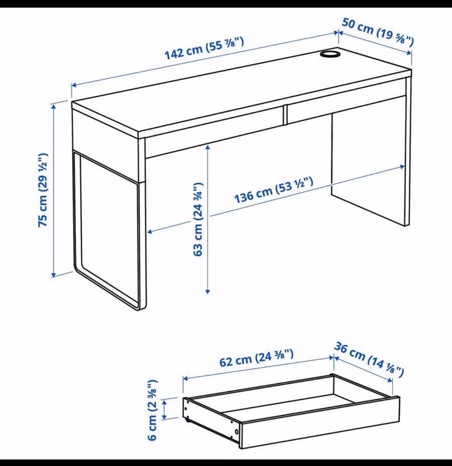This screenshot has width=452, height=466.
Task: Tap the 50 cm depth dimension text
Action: coord(377,32)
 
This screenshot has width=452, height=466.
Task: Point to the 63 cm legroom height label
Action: coord(198,219)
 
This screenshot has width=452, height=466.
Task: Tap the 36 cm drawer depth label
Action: coord(369,359)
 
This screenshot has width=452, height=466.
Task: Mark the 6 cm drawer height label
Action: coord(152,410)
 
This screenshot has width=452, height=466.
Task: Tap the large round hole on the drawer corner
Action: coord(236,432)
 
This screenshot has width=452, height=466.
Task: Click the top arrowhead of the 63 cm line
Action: coord(208,147)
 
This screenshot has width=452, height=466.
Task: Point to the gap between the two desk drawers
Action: coord(285,114)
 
